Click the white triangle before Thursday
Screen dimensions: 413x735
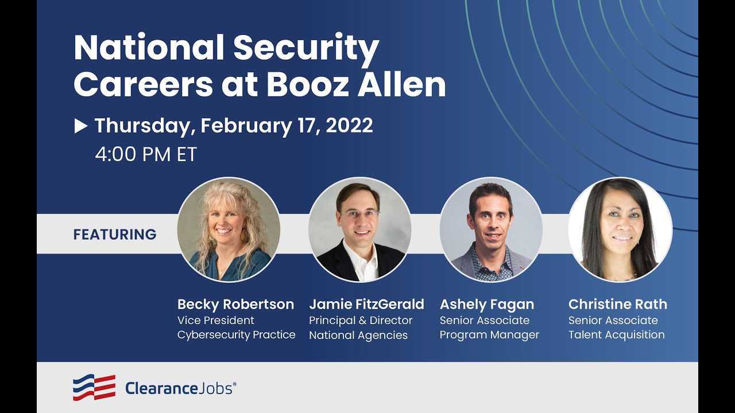click(81, 126)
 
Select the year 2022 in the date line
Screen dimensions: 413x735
click(349, 126)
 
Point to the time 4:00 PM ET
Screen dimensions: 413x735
click(146, 154)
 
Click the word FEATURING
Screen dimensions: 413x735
click(115, 235)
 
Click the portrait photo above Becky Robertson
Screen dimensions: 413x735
click(229, 229)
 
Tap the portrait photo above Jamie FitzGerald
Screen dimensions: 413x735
click(360, 229)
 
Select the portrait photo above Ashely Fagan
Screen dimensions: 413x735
click(491, 229)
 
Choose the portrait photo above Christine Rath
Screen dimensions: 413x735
click(620, 229)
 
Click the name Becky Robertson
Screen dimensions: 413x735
click(235, 304)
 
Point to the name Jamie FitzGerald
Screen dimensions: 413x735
click(366, 304)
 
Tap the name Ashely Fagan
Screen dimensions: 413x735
click(487, 304)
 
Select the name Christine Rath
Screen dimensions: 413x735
click(618, 304)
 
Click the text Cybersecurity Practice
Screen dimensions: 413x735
click(237, 335)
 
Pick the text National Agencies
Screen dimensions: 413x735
click(358, 336)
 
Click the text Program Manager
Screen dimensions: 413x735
click(489, 335)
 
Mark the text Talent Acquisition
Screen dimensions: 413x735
click(616, 335)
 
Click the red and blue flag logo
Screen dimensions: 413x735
click(94, 387)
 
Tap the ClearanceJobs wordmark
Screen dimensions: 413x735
click(180, 388)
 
